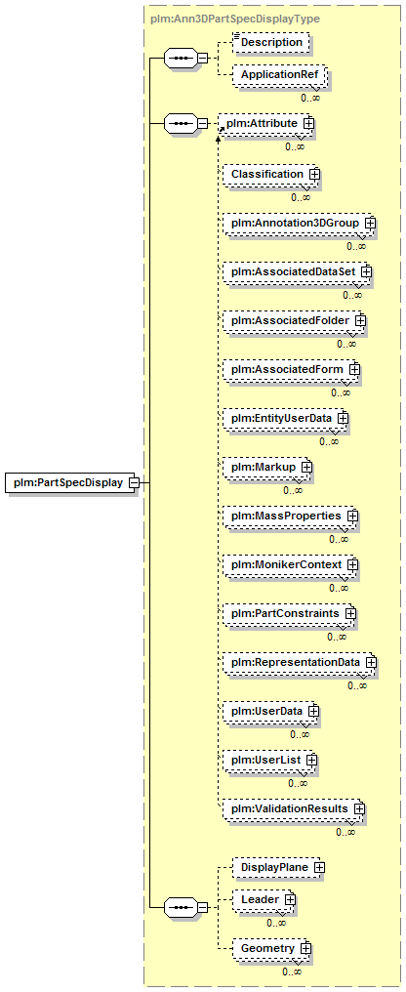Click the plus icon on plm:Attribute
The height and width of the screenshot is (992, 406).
coord(309,123)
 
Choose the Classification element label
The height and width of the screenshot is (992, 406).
coord(267,174)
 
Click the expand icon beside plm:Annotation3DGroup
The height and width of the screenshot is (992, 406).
coord(370,224)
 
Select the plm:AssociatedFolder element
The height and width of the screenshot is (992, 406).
coord(294,321)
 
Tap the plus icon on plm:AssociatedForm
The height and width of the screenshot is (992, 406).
coord(355,369)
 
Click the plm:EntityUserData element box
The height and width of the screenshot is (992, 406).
coord(286,418)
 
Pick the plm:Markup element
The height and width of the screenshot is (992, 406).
coord(267,467)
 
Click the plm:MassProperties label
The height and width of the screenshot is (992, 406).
coord(287,517)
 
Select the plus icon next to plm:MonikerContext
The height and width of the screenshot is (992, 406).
coord(353,564)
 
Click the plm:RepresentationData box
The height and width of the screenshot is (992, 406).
coord(300,662)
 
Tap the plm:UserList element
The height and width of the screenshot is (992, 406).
coord(270,760)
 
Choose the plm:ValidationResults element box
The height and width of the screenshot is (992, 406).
coord(294,808)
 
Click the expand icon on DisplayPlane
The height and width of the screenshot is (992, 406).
coord(319,868)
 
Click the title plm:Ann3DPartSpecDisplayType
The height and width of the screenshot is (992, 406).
coord(235,19)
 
